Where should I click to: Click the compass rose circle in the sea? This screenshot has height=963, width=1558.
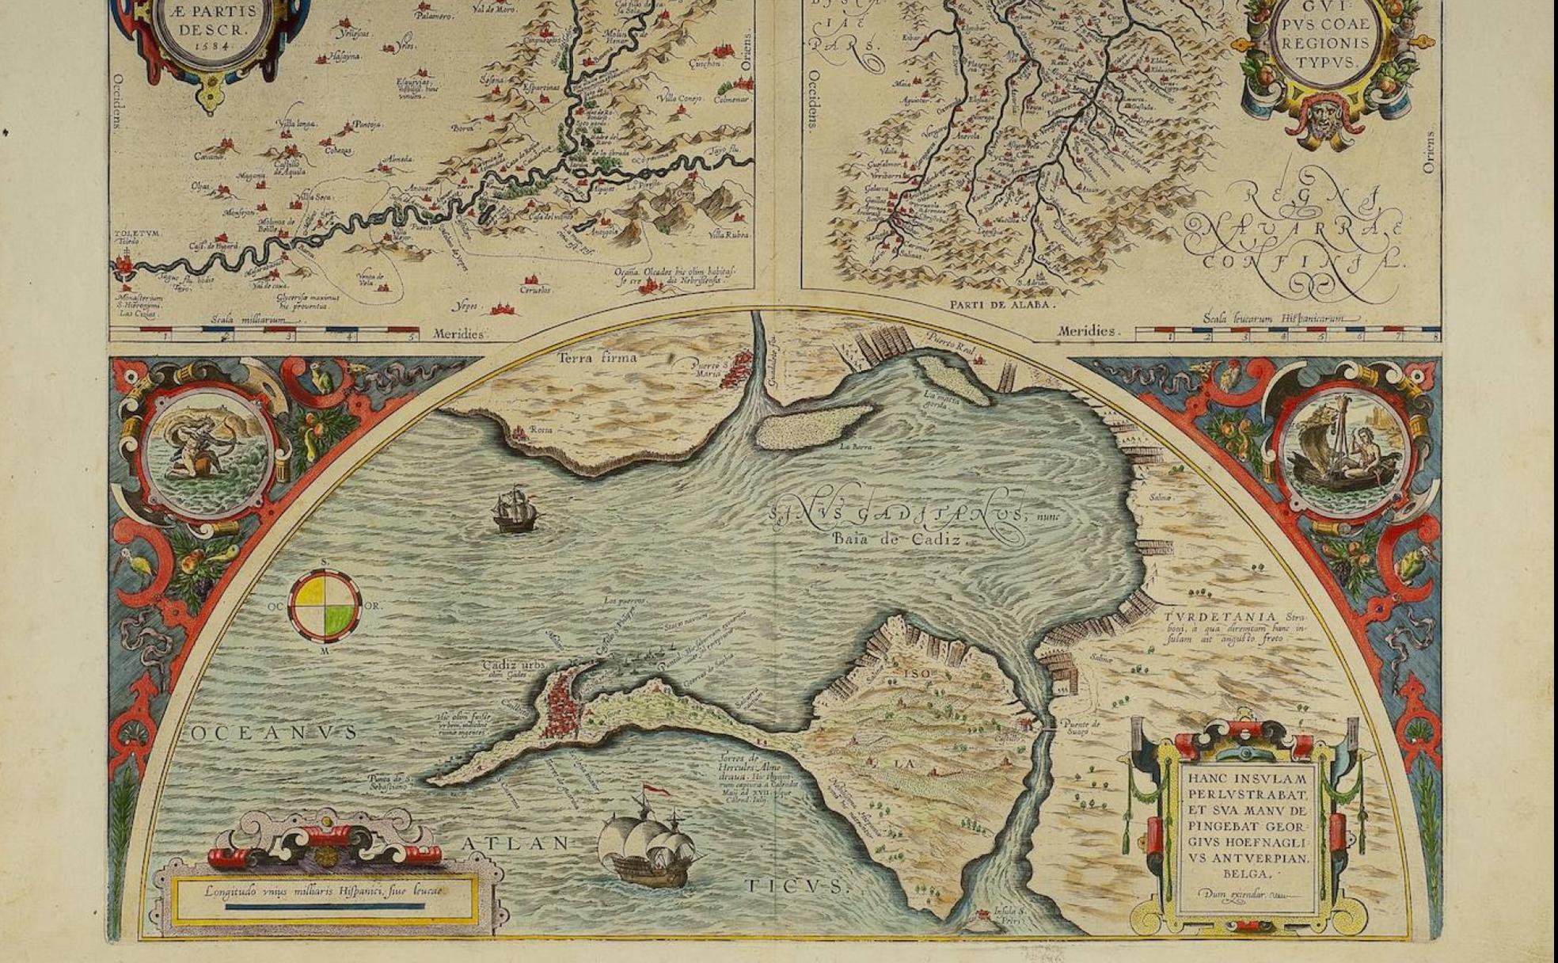[x=325, y=606]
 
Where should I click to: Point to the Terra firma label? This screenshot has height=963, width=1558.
[x=597, y=358]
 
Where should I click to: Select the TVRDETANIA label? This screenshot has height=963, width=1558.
[x=1220, y=617]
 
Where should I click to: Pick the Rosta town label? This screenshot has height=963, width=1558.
[x=541, y=430]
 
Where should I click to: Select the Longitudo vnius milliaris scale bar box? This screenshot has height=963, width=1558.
[x=325, y=898]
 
